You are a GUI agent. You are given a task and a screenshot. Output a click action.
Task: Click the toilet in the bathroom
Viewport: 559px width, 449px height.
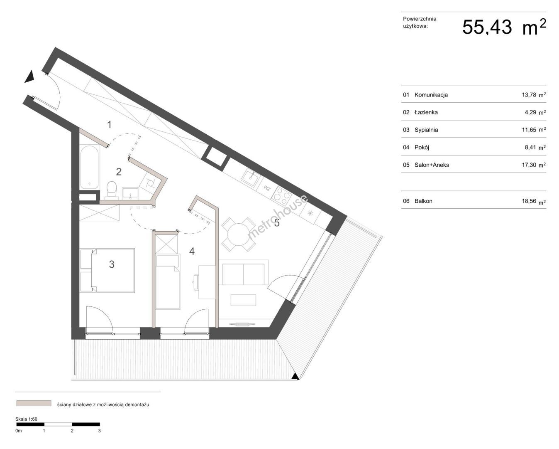click(x=112, y=190)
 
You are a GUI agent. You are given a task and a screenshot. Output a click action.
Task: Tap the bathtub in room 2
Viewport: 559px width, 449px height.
click(x=89, y=167)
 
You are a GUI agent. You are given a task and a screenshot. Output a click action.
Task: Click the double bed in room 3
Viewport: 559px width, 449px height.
click(x=113, y=271)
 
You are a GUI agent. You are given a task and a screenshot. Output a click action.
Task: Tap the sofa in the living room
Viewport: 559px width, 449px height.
click(x=243, y=273)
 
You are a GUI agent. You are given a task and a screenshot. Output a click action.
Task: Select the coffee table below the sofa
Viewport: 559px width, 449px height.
click(x=243, y=300)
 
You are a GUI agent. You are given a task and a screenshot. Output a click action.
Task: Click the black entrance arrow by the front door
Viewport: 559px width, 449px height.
click(x=29, y=76)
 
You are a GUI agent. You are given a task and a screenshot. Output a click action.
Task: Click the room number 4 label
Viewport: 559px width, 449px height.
click(x=192, y=251)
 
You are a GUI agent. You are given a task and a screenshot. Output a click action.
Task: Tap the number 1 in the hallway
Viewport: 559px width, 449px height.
click(x=110, y=125)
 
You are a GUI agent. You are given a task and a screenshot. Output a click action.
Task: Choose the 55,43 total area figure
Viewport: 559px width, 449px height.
click(x=487, y=27)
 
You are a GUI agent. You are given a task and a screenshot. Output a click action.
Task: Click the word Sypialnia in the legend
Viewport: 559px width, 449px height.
click(x=426, y=130)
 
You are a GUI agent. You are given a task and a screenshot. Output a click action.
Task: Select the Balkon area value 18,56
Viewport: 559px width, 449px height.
click(x=529, y=201)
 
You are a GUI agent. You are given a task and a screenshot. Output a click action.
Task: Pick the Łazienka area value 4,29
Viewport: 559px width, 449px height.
click(x=530, y=112)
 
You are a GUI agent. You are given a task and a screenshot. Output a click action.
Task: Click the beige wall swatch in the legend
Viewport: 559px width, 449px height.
click(x=34, y=403)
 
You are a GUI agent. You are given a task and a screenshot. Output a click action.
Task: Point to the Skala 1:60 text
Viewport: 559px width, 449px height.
click(x=26, y=419)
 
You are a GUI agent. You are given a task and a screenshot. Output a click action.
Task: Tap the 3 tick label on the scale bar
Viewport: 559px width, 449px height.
click(x=99, y=431)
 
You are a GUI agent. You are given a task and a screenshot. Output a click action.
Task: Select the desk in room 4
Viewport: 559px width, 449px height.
click(x=207, y=282)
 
